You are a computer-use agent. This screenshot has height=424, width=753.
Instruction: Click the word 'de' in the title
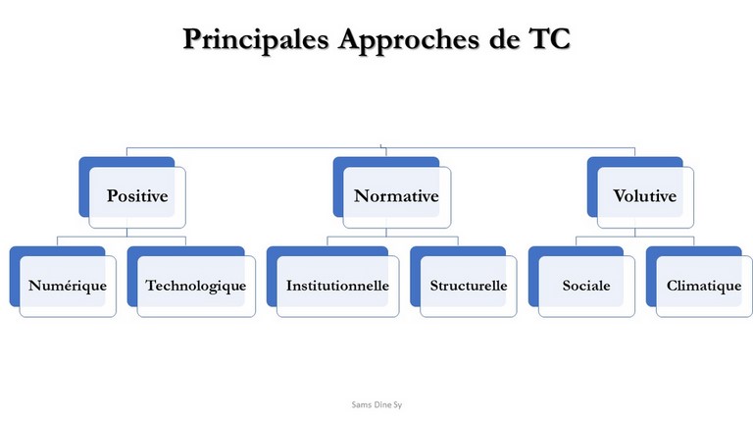pos(504,38)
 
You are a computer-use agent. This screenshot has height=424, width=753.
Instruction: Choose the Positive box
pos(132,192)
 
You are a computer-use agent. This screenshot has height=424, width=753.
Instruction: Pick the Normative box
pos(392,192)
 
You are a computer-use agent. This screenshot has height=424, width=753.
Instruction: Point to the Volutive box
pos(640,192)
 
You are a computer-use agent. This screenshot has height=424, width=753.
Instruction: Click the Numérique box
pos(63,282)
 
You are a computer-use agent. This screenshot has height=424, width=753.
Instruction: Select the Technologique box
pos(191,282)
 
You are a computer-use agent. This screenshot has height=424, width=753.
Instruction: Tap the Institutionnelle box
pos(332,282)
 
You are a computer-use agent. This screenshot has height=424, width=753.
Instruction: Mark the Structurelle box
pos(464,282)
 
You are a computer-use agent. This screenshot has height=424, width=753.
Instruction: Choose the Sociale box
pos(581,282)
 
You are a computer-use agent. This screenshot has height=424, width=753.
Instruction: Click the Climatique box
pos(699,282)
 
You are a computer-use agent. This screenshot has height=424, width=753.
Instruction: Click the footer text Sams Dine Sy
pos(376,404)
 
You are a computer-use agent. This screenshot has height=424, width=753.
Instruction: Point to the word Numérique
pos(68,286)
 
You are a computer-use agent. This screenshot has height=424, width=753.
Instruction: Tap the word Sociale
pos(586,286)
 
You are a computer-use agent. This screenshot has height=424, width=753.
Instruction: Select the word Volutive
pos(645,195)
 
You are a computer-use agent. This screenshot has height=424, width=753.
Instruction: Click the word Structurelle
pos(469,286)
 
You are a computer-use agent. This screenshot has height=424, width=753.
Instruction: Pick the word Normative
pos(397,195)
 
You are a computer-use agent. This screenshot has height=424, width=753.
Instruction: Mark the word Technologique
pos(196,286)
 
